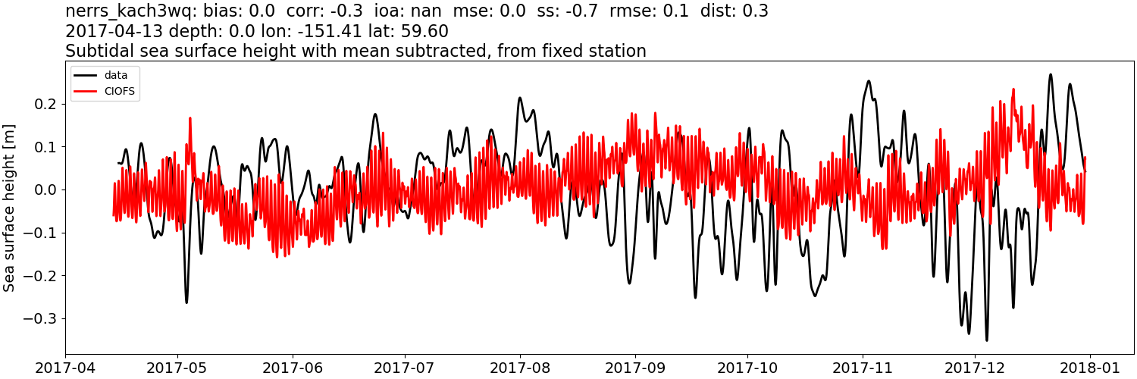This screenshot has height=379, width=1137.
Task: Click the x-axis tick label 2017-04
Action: [x=65, y=367]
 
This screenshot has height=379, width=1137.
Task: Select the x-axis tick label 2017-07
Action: [x=405, y=367]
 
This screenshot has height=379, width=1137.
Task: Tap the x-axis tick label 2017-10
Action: [x=747, y=367]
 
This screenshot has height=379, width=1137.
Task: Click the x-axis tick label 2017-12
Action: [x=975, y=367]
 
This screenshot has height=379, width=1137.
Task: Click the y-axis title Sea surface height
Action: [x=10, y=209]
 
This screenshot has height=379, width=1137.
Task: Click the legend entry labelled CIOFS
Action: [x=121, y=92]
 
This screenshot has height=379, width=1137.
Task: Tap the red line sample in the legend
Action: [x=86, y=92]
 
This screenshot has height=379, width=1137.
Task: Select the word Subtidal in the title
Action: [x=96, y=52]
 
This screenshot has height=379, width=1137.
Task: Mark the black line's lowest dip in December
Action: [x=986, y=340]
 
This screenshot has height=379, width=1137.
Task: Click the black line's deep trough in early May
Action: [x=186, y=302]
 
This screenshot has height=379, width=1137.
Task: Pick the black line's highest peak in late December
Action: [x=1051, y=74]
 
